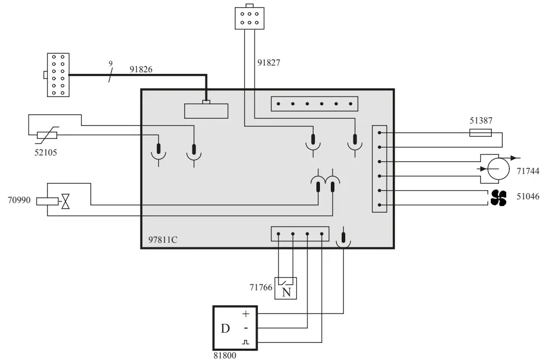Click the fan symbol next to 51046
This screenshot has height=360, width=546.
(499, 198)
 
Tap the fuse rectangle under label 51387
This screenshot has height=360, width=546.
(484, 133)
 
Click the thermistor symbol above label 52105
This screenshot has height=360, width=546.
(47, 135)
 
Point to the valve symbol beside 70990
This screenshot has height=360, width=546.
(66, 201)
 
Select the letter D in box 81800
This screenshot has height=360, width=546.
(226, 328)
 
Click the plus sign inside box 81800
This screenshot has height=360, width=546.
(246, 314)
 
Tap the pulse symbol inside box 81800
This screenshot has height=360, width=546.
(246, 342)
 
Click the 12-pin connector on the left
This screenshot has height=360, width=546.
(58, 75)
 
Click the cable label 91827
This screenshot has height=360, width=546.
(269, 64)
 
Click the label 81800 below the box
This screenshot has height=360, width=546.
(226, 355)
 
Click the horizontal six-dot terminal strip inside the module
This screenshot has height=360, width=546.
(314, 104)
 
